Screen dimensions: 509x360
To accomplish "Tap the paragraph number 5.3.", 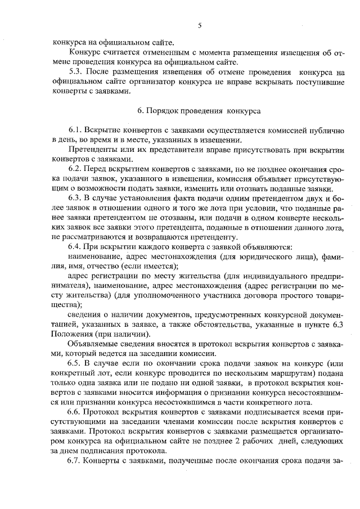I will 77,73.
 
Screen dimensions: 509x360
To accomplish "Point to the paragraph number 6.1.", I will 76,130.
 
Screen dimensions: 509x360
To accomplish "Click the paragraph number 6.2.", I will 76,169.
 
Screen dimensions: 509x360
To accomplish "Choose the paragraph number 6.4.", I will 76,246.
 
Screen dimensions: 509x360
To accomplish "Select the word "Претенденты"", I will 92,150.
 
